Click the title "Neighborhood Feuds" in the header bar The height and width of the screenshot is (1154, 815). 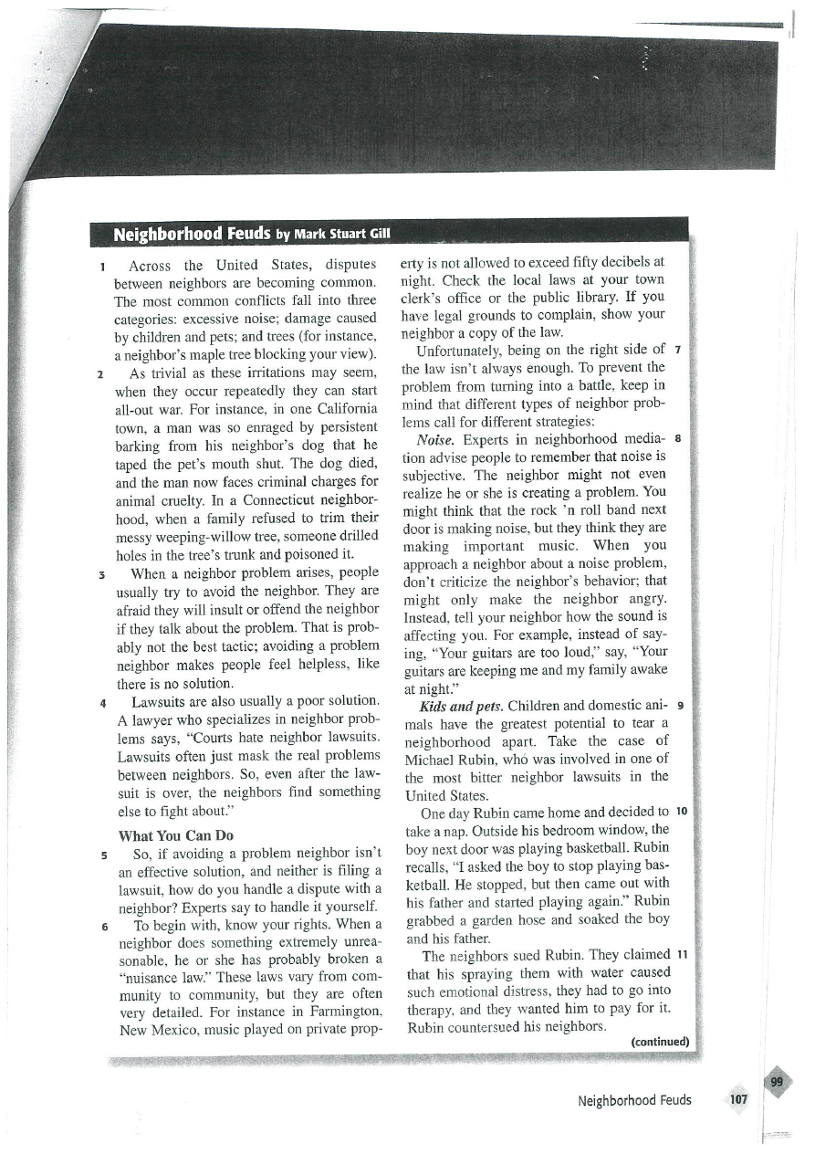pyautogui.click(x=190, y=234)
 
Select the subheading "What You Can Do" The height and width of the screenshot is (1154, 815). pyautogui.click(x=177, y=835)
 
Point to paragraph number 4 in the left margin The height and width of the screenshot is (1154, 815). pyautogui.click(x=105, y=702)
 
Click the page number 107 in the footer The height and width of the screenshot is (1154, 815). pyautogui.click(x=738, y=1099)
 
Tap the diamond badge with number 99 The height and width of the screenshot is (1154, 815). pyautogui.click(x=777, y=1082)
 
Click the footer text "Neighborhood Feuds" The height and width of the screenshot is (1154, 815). pyautogui.click(x=634, y=1100)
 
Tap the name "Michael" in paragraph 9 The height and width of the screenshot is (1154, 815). pyautogui.click(x=432, y=759)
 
